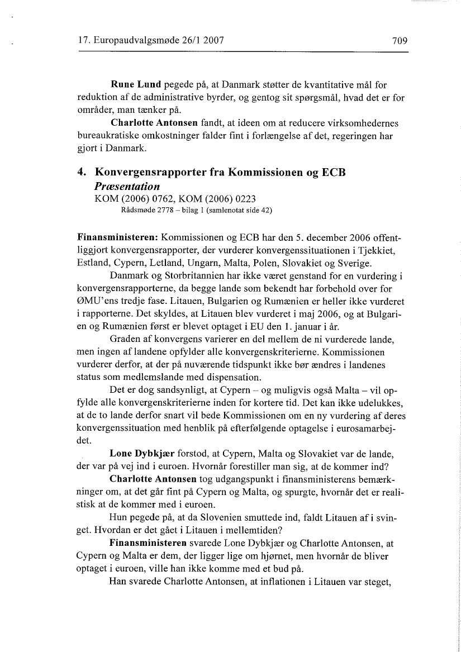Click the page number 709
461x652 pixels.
point(400,41)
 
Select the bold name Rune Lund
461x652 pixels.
point(136,85)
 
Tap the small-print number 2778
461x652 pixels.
point(162,211)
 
